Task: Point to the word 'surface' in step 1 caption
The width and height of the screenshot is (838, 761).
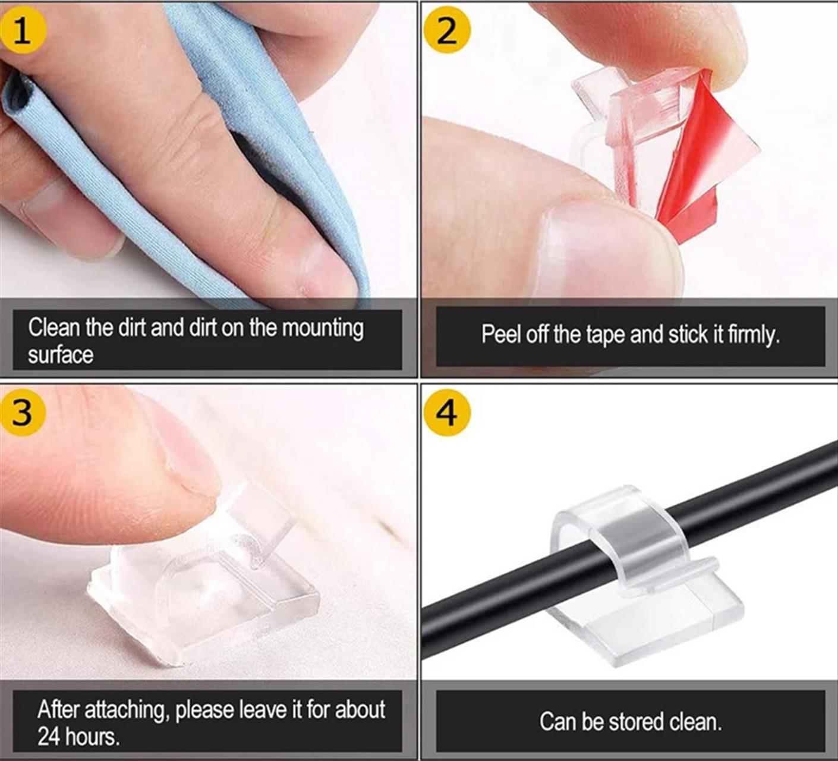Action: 61,355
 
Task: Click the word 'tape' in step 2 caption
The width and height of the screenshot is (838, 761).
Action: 605,335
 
